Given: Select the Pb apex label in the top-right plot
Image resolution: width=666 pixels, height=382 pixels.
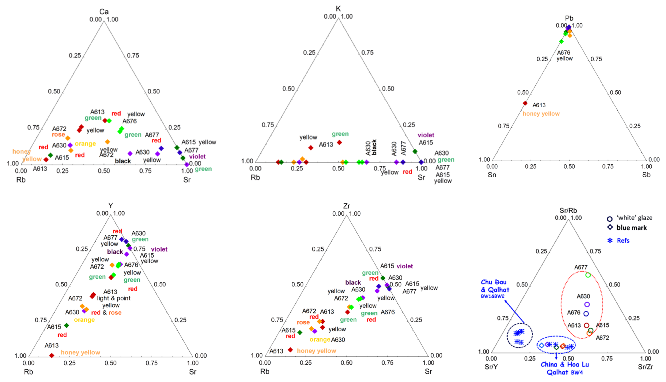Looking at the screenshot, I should (569, 18).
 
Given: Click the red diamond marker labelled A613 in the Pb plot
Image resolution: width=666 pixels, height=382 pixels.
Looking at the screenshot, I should (525, 103).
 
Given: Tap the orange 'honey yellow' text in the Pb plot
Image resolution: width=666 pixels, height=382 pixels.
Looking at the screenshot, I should (541, 114).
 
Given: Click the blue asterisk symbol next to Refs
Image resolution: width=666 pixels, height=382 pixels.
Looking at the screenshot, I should (610, 240).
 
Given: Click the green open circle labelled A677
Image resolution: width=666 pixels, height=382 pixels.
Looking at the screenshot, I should (588, 275).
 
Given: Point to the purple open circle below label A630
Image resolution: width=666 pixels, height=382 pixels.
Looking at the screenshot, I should (587, 304).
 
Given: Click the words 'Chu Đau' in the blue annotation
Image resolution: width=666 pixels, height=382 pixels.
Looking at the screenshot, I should (494, 282).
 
